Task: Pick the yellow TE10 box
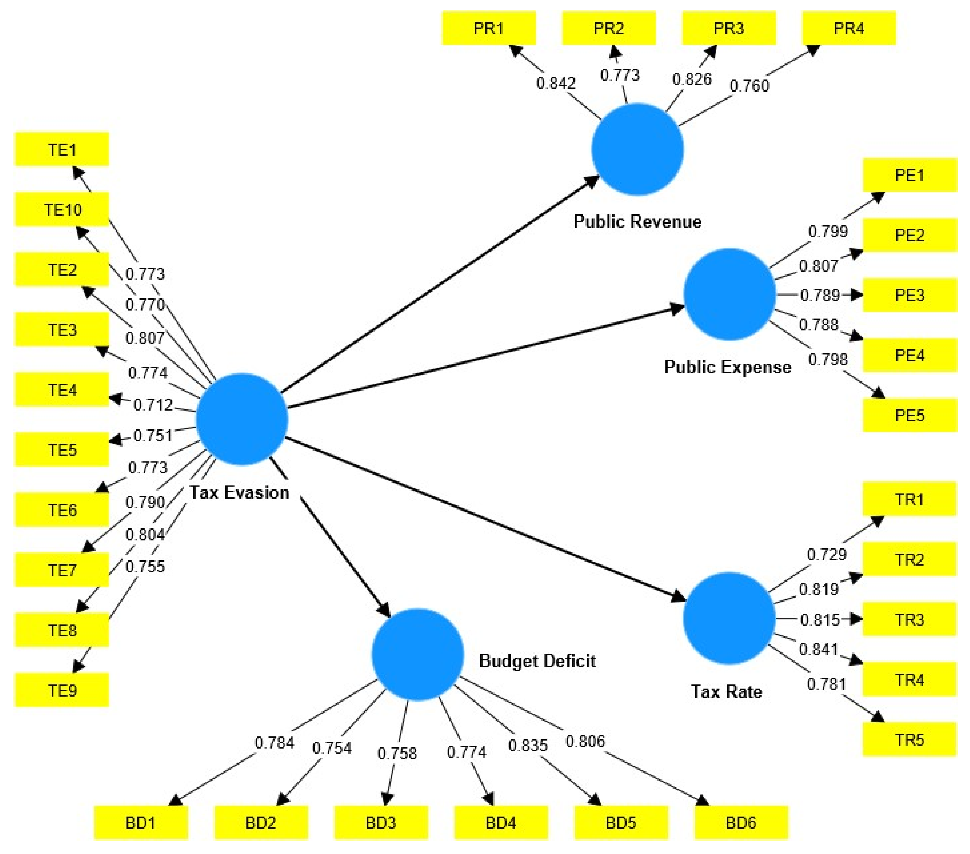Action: coord(62,209)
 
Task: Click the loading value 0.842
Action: coord(556,84)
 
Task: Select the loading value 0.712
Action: coord(153,405)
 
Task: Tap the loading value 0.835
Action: coord(528,745)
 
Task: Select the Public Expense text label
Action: coord(727,367)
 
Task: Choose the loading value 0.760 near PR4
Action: coord(749,86)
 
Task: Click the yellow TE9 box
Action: coord(62,690)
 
